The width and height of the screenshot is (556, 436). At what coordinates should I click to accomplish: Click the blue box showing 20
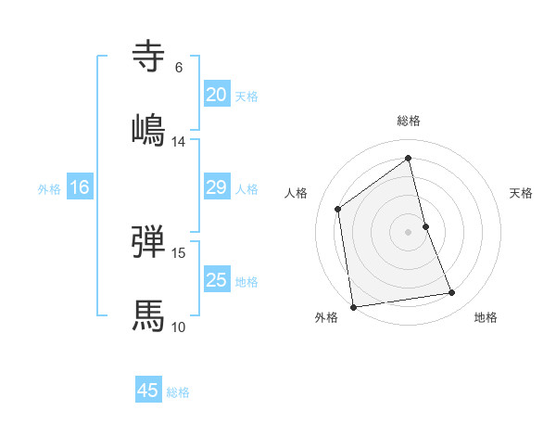tap(216, 95)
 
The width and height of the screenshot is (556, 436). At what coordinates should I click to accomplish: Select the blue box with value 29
tap(216, 187)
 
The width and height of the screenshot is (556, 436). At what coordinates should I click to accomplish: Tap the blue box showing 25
tap(216, 280)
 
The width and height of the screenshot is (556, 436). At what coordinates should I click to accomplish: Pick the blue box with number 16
tap(79, 187)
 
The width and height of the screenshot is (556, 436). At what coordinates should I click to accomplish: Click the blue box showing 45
tap(148, 391)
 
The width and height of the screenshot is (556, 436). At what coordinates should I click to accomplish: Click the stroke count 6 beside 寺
tap(179, 68)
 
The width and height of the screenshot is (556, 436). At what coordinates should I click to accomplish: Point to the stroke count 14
tap(179, 142)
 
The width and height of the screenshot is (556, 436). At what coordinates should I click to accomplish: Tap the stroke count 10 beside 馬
tap(179, 327)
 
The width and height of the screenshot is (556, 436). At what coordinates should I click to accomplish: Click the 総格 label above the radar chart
tap(408, 121)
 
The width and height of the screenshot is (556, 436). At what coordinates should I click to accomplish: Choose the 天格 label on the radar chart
tap(521, 193)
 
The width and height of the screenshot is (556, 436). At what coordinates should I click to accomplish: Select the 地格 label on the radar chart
tap(486, 317)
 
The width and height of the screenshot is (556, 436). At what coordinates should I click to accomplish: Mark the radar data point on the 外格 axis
tap(352, 306)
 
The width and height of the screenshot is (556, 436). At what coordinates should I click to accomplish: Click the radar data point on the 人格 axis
tap(338, 209)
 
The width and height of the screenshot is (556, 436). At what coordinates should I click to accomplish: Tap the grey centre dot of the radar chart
tap(408, 231)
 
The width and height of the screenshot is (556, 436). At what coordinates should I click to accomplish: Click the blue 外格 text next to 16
tap(49, 188)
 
